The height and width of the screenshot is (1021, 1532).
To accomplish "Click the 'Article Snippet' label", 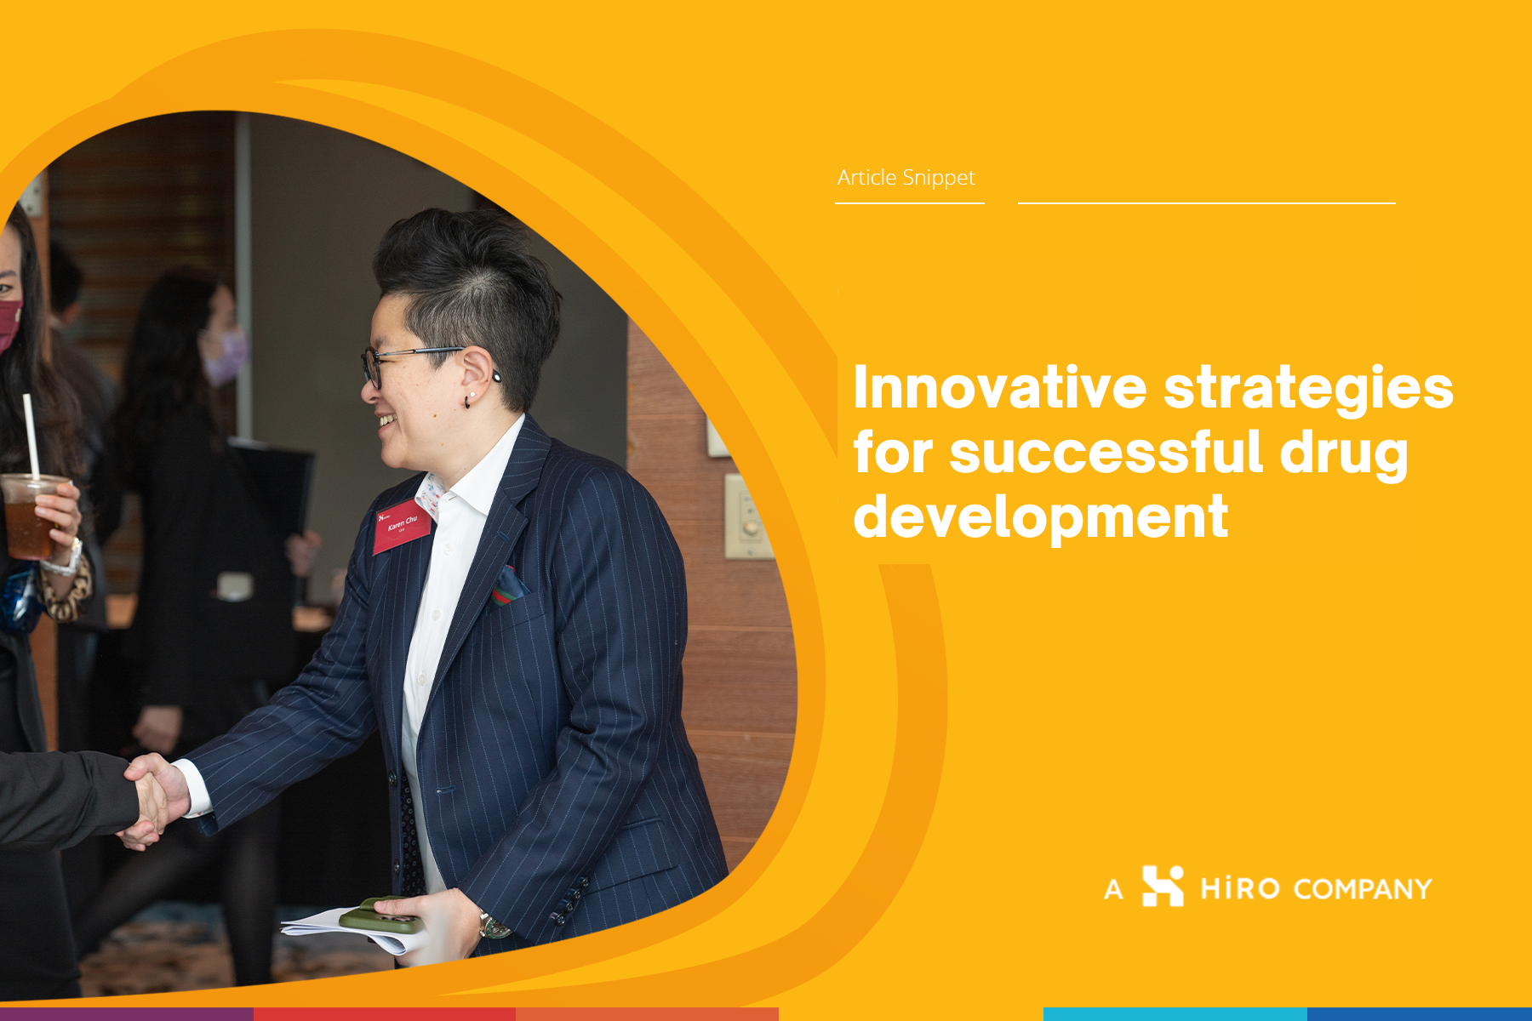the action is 906,178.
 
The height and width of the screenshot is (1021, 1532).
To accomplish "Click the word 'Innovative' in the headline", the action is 1000,387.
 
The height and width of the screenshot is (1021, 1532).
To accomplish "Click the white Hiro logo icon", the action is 1163,886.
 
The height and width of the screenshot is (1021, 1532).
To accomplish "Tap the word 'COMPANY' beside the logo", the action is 1363,889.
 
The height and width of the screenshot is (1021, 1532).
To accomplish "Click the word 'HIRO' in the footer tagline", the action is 1240,889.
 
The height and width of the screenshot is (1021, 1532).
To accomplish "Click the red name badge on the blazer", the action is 403,527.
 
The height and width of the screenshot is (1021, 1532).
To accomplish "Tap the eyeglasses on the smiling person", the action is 409,362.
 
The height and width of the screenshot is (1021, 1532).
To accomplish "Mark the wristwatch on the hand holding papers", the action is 493,926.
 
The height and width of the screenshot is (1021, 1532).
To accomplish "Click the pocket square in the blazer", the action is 508,585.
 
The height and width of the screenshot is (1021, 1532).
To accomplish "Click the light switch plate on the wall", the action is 746,516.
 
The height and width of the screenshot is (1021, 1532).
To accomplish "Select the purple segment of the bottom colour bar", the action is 127,1014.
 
